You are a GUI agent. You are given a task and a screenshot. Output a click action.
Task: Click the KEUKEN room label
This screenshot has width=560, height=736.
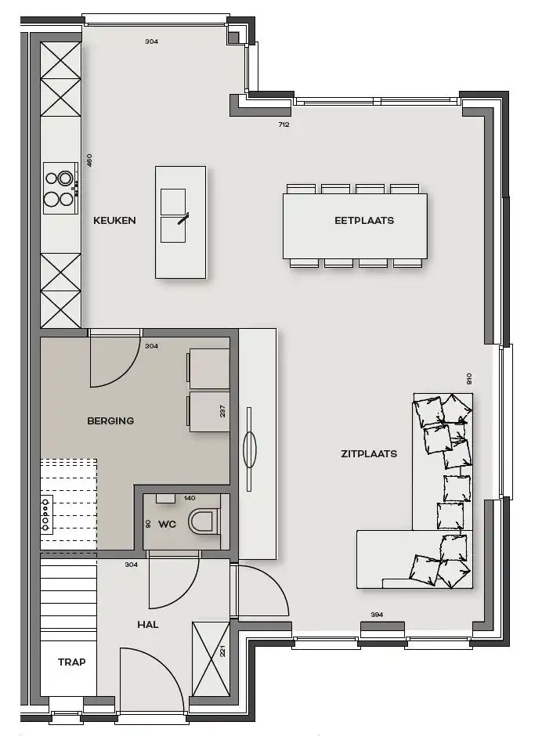click(114, 220)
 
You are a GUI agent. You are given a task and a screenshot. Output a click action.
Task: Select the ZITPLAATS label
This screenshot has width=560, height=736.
click(368, 453)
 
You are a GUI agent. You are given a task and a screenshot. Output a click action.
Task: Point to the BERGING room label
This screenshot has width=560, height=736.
click(110, 420)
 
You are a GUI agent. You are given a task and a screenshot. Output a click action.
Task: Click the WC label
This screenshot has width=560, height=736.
click(168, 523)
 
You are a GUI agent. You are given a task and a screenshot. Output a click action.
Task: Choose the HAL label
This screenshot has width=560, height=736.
click(148, 624)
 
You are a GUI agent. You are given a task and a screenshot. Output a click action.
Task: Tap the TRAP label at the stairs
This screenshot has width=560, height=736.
click(71, 662)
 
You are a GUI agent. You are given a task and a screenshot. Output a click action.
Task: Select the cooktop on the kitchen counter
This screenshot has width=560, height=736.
click(60, 187)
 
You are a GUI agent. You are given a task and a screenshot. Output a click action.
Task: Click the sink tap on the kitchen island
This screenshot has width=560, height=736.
click(182, 218)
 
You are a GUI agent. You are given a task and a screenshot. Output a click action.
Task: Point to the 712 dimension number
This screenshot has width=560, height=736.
click(284, 124)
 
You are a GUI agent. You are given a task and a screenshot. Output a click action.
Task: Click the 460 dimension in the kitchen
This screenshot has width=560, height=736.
click(89, 161)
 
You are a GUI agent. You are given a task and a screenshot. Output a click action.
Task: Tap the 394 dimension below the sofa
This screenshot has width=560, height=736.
click(377, 615)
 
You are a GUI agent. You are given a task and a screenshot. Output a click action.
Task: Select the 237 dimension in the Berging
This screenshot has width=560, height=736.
click(223, 411)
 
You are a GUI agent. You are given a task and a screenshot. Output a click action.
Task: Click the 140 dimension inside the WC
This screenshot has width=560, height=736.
click(190, 498)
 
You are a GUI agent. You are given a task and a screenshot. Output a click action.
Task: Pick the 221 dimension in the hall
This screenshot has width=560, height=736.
click(223, 649)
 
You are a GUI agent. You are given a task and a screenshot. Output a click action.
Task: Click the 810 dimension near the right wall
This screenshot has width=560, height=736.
click(469, 379)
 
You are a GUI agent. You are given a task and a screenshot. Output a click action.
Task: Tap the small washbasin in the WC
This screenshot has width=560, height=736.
click(165, 497)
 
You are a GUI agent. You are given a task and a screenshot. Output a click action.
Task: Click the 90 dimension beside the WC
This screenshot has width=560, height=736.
click(147, 523)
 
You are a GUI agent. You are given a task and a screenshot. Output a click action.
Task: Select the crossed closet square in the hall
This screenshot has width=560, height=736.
click(210, 658)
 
